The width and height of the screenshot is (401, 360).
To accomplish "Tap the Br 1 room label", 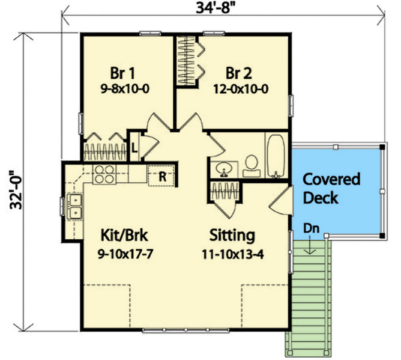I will [122, 73].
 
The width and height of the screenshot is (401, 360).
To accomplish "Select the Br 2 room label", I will [238, 73].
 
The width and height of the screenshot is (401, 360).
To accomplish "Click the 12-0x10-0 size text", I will [240, 88].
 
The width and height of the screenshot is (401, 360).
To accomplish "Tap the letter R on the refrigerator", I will [161, 175].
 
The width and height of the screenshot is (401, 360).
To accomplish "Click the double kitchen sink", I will [74, 206].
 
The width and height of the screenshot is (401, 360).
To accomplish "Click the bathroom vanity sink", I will [224, 168].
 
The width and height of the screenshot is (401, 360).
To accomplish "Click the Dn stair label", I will [311, 229].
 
